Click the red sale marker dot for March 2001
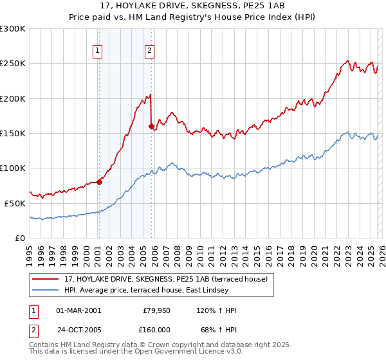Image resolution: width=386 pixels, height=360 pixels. tap(99, 182)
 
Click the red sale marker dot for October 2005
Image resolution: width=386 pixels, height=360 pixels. tap(151, 127)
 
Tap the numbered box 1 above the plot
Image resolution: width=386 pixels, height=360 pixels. tap(97, 52)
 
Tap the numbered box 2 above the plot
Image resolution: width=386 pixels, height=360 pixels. tap(149, 52)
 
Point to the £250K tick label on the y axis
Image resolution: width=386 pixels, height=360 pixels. tap(13, 64)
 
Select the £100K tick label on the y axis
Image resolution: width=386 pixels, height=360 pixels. tap(13, 168)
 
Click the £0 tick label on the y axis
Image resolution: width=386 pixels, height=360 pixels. tap(20, 237)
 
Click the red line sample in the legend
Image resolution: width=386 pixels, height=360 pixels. tap(46, 279)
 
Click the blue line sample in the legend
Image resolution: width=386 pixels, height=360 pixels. tap(46, 291)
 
